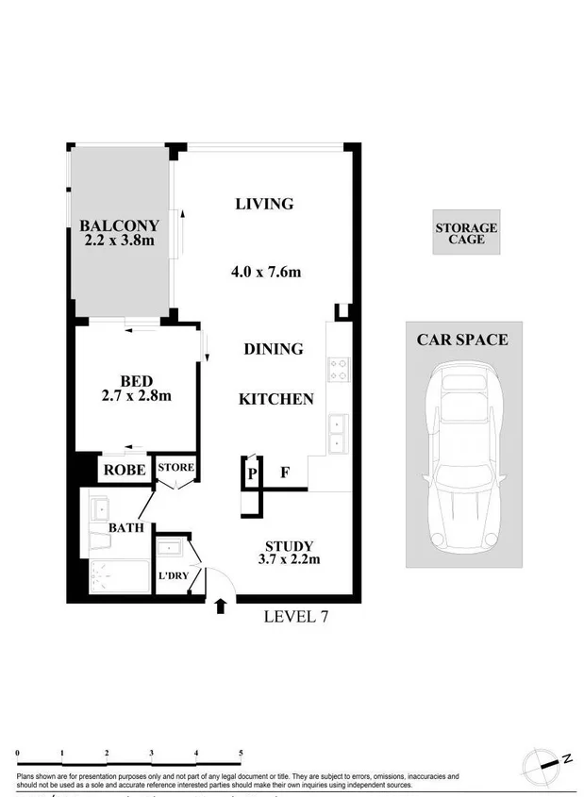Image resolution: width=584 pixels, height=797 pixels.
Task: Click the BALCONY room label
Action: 119,225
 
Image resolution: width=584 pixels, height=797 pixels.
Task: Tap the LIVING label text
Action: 264,204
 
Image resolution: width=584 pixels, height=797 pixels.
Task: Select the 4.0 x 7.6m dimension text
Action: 265,273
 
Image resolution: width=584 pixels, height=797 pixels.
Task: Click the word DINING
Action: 274,349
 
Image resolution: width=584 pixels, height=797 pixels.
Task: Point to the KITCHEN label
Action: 275,399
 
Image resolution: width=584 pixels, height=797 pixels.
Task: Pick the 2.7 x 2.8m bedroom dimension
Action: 137,395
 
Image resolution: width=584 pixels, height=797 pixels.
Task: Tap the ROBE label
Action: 124,469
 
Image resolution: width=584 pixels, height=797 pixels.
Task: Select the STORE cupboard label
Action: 175,467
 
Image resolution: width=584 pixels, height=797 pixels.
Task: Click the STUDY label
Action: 289,546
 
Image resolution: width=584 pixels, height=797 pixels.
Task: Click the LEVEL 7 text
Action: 294,617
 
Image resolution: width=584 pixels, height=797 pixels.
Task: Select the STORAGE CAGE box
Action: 466,233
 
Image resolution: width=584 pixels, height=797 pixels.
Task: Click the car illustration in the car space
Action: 465,461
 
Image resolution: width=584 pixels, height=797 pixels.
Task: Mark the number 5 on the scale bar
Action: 241,753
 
